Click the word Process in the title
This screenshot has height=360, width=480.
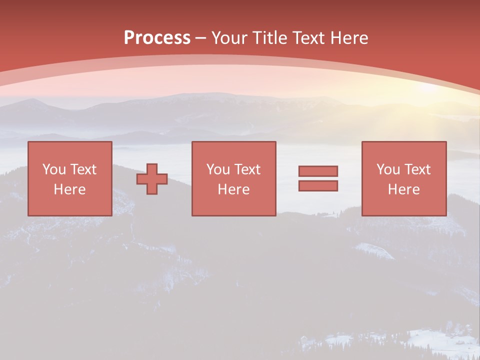157,38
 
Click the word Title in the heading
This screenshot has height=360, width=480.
269,38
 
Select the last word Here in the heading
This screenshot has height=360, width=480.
349,38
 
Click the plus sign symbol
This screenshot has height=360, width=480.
152,179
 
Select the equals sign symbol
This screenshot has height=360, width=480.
318,178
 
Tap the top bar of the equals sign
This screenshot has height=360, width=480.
318,171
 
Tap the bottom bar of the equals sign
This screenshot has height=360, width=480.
318,186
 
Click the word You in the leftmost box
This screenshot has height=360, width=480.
53,169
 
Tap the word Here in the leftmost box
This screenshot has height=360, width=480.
70,189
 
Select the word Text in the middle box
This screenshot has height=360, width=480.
247,169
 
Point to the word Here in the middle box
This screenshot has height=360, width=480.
234,189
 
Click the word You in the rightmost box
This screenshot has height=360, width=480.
387,169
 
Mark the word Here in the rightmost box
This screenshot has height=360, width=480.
404,189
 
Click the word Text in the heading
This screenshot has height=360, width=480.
309,38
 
